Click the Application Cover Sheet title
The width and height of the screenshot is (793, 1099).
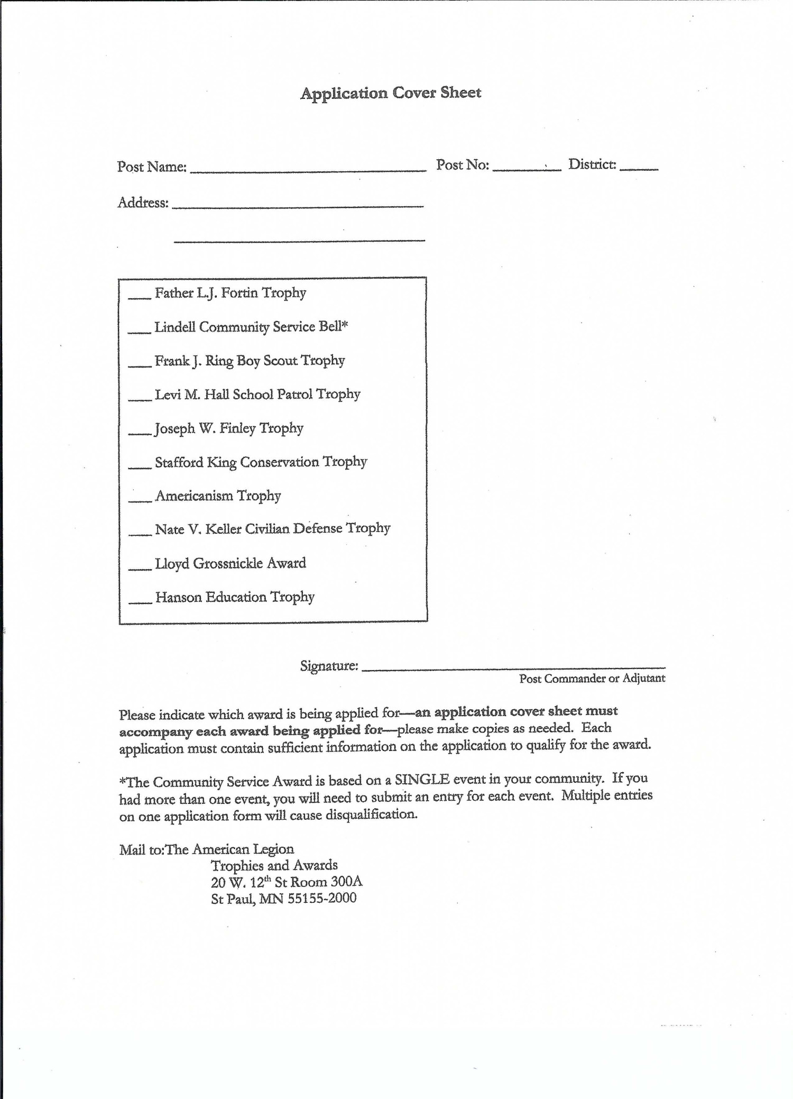click(391, 93)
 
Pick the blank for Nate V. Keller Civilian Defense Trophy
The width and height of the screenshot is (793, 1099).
click(140, 533)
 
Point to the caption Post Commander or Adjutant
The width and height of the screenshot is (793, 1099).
click(592, 679)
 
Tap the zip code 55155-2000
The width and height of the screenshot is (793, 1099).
click(322, 898)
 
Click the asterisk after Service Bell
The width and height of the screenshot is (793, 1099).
click(345, 325)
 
